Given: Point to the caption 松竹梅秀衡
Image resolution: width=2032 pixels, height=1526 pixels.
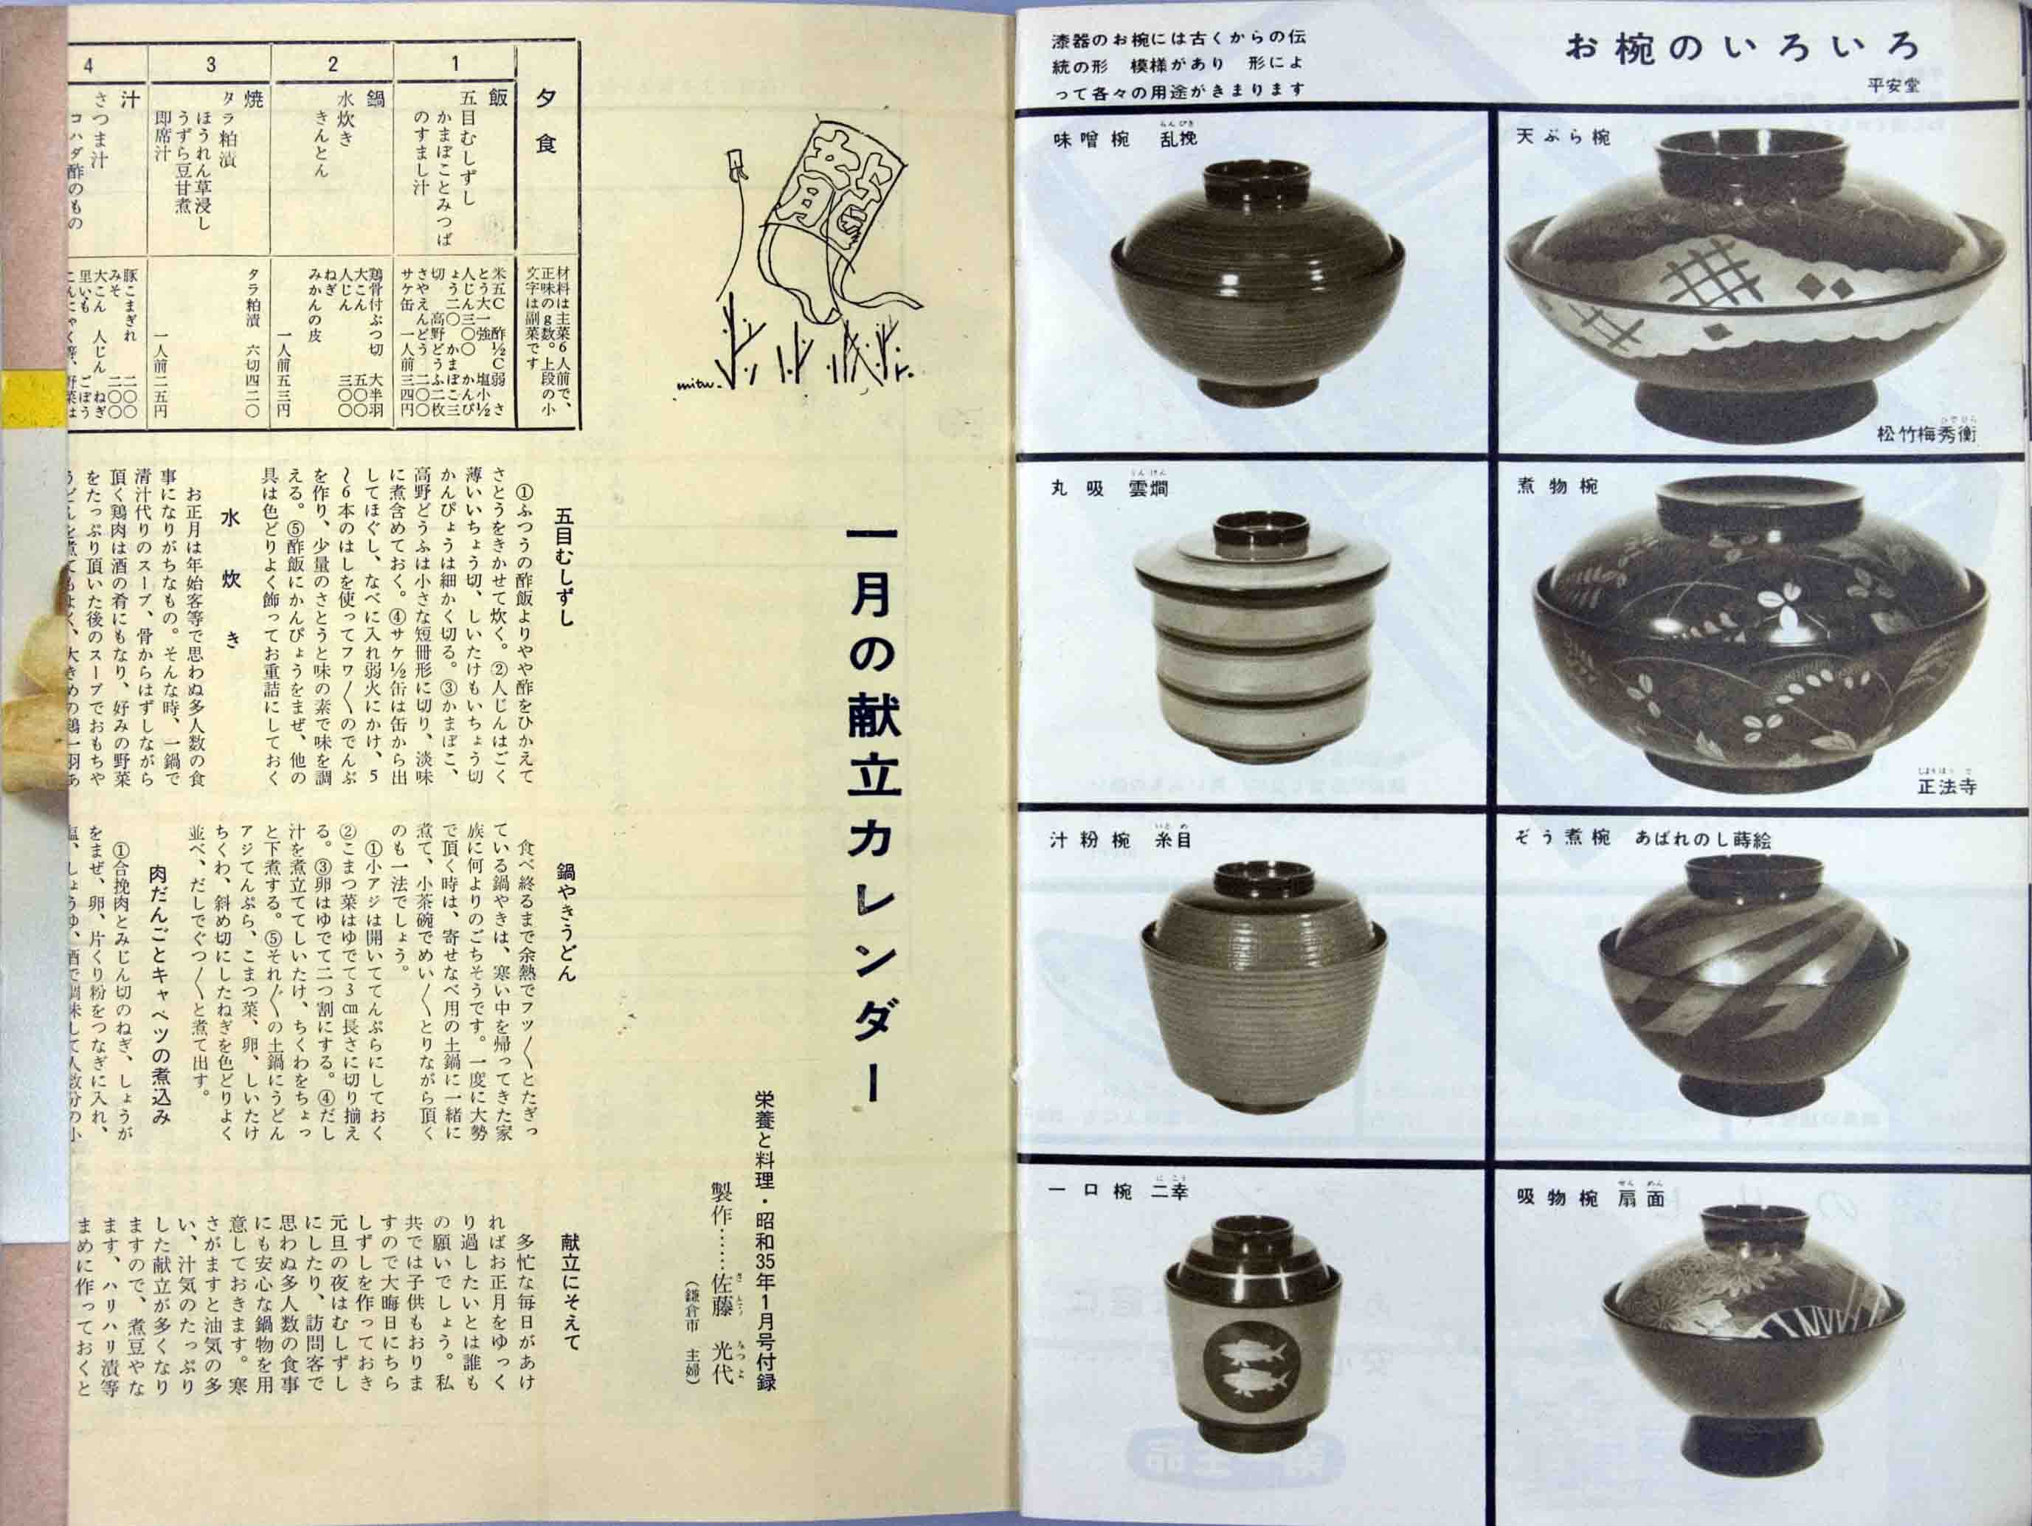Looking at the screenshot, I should (x=1926, y=434).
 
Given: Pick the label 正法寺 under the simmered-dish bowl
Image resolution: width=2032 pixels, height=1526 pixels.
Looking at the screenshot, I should (x=1946, y=787).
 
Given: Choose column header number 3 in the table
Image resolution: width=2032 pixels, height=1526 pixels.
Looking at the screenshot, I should (x=210, y=64).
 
